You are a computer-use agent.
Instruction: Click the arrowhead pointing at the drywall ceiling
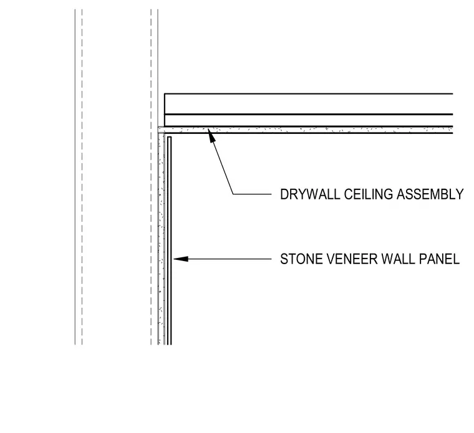tap(211, 135)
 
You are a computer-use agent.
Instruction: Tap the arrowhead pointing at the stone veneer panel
tap(181, 259)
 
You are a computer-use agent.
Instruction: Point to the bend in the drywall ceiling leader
tap(233, 194)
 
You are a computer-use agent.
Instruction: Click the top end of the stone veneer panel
tap(169, 137)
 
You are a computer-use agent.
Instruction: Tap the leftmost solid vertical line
tap(75, 177)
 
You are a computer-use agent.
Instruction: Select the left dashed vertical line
tap(82, 177)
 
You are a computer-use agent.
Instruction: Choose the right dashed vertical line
tap(151, 177)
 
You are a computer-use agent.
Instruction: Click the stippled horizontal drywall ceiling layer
tap(306, 130)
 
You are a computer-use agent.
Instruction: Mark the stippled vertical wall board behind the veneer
tap(161, 239)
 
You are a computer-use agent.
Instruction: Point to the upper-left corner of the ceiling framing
tap(165, 94)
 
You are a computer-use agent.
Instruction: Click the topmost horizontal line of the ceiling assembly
tap(309, 94)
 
